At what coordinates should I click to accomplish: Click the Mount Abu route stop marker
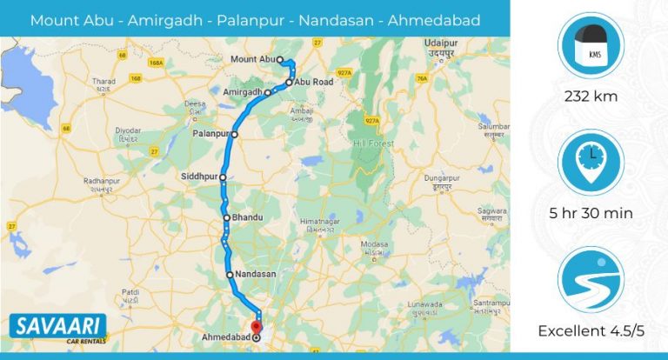[281, 59]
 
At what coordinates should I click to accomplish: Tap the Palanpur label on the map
[210, 135]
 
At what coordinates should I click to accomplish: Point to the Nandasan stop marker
[230, 275]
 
